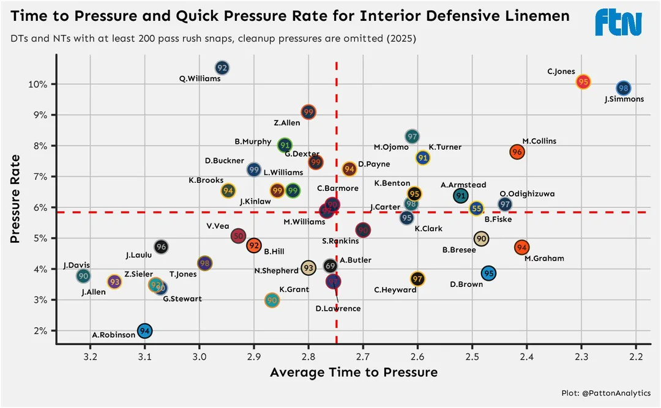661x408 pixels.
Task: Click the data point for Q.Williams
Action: point(222,68)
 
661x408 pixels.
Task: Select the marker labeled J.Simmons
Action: point(623,88)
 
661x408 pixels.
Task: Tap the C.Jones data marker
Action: point(583,81)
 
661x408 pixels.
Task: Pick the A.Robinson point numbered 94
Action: point(144,331)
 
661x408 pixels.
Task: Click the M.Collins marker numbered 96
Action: point(517,152)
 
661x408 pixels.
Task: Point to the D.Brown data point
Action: point(488,273)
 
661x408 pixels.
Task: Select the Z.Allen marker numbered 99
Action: point(308,112)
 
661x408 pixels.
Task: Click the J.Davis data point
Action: point(83,276)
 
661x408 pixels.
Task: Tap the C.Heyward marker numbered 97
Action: point(417,279)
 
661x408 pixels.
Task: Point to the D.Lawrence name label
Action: point(338,309)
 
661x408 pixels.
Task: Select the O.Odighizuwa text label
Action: point(527,194)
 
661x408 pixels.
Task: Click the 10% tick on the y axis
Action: point(40,84)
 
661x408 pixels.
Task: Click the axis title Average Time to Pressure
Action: point(353,373)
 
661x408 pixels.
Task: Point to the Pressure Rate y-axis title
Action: point(17,198)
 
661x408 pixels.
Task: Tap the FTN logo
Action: point(618,23)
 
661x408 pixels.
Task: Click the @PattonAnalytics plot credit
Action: point(606,393)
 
